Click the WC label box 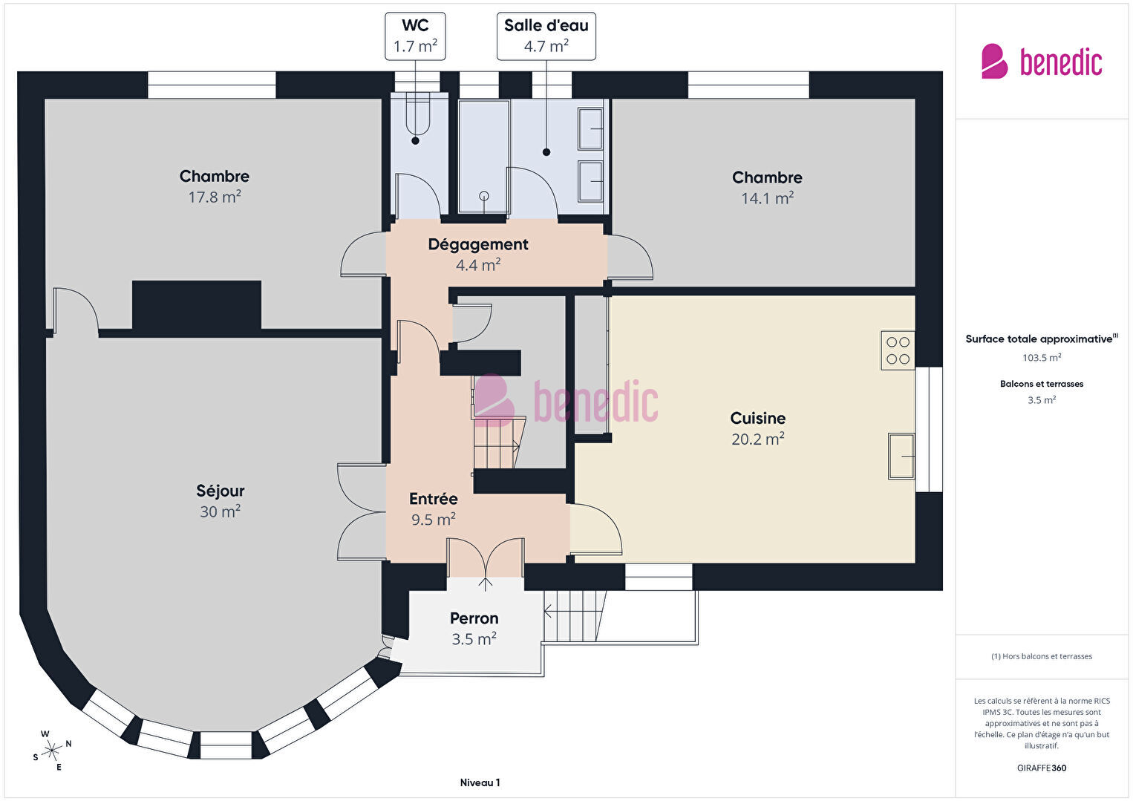click(415, 36)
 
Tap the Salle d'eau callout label click(546, 36)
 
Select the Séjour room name click(220, 491)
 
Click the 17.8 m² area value click(215, 197)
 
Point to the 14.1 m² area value click(767, 198)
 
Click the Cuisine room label click(758, 418)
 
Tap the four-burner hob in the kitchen click(898, 350)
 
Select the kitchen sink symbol click(902, 456)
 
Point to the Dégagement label click(478, 244)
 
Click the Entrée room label click(434, 499)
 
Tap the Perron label click(474, 618)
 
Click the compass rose click(51, 751)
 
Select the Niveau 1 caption click(480, 782)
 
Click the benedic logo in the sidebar click(1042, 61)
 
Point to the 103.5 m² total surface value click(1042, 358)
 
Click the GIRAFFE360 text click(1042, 768)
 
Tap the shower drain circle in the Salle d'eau click(484, 196)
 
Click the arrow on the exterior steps click(548, 612)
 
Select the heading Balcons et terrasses click(1042, 384)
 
